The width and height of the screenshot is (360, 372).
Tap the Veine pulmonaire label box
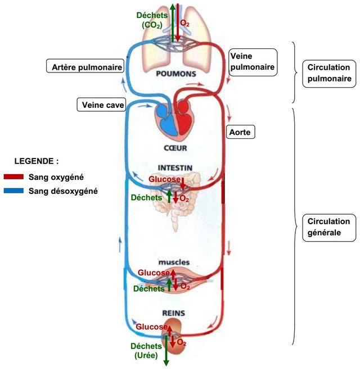point(253,61)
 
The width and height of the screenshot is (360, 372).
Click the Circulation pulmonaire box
point(329,74)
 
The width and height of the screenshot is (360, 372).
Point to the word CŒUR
point(175,149)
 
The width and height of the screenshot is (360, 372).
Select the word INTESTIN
point(175,167)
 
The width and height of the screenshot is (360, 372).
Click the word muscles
point(174,262)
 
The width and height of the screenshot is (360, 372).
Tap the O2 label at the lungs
point(184,24)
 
